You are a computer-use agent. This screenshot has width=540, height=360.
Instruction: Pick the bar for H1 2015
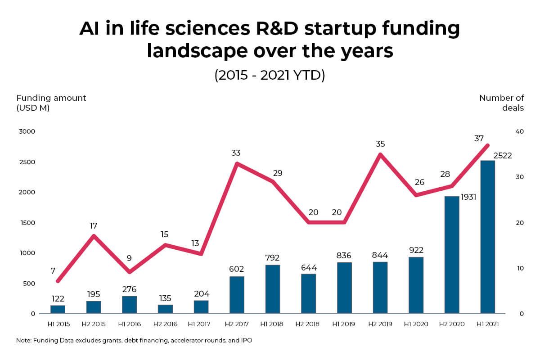[58, 309]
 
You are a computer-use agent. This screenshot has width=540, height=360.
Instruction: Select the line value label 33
[236, 153]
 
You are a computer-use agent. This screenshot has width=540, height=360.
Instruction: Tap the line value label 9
[130, 258]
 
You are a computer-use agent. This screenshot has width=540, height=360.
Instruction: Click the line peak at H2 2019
[380, 154]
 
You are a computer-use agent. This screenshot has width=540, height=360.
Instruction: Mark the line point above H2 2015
[93, 235]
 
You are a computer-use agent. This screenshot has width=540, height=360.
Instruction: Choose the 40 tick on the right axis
[519, 131]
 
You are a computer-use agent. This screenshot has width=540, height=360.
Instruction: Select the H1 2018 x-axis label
[273, 324]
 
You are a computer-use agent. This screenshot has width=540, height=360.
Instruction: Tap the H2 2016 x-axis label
[165, 324]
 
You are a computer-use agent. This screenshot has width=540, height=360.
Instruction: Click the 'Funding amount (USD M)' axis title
[51, 103]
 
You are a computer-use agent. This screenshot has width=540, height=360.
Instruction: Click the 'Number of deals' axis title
[501, 103]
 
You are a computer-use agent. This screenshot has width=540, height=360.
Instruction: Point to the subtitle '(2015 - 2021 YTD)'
[270, 75]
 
